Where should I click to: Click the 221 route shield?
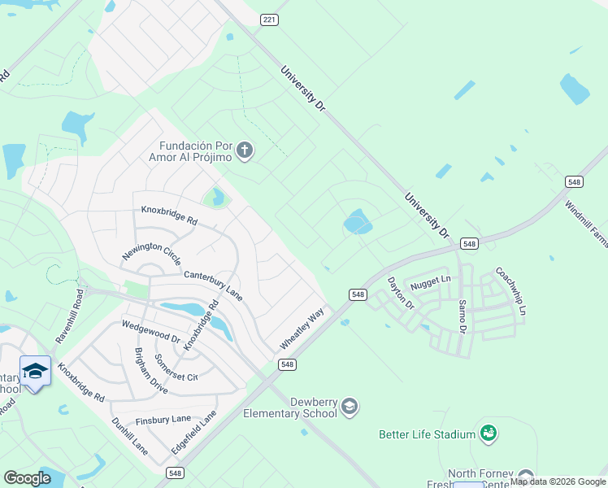pyautogui.click(x=269, y=19)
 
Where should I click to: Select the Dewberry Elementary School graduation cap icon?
pyautogui.click(x=350, y=406)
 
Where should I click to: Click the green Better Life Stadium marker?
pyautogui.click(x=488, y=434)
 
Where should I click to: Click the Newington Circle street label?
pyautogui.click(x=151, y=255)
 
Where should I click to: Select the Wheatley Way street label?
pyautogui.click(x=302, y=329)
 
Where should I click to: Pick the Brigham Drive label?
pyautogui.click(x=150, y=371)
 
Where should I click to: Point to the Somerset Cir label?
pyautogui.click(x=176, y=367)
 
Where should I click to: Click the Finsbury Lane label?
pyautogui.click(x=163, y=420)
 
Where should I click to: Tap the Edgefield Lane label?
pyautogui.click(x=193, y=433)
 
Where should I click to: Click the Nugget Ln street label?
pyautogui.click(x=431, y=281)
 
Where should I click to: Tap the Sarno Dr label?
pyautogui.click(x=462, y=315)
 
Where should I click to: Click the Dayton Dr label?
pyautogui.click(x=401, y=293)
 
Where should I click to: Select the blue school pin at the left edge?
pyautogui.click(x=35, y=373)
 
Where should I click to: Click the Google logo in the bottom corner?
pyautogui.click(x=27, y=478)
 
